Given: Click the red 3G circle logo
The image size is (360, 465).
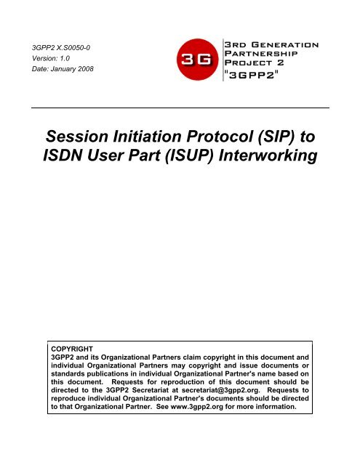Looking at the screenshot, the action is (x=197, y=60).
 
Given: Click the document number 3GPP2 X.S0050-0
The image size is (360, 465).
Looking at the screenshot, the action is (x=61, y=48).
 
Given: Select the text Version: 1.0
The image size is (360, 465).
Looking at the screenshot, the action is (x=51, y=58).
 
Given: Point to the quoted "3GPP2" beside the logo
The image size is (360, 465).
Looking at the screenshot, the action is (x=252, y=75).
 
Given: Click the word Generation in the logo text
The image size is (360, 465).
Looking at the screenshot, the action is (x=284, y=45).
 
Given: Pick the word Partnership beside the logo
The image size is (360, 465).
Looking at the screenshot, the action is (x=261, y=54).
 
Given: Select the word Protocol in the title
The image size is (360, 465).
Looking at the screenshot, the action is (x=220, y=137).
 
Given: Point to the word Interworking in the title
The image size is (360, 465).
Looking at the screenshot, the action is (x=268, y=155).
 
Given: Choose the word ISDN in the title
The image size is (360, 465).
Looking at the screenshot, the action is (x=63, y=155).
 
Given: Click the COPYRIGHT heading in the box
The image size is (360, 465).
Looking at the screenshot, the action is (x=72, y=349).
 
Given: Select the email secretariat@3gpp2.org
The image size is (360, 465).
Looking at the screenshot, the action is (x=220, y=390).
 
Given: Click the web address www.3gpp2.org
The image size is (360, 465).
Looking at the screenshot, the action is (x=197, y=407).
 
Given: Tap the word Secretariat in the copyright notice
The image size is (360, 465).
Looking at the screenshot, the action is (x=150, y=390).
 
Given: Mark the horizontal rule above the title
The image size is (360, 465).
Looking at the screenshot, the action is (x=180, y=108).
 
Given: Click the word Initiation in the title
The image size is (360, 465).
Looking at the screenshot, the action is (x=148, y=137).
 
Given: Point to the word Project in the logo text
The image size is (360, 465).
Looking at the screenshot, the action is (x=248, y=62).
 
